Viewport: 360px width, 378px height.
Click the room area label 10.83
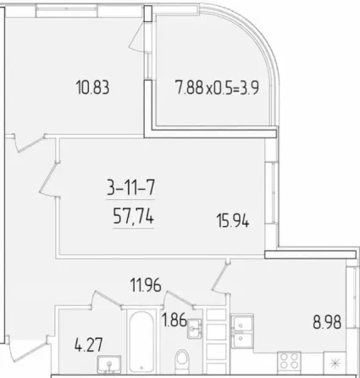pyautogui.click(x=92, y=87)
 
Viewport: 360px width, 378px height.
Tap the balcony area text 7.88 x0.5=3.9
pyautogui.click(x=217, y=87)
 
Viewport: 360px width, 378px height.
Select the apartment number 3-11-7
pyautogui.click(x=130, y=188)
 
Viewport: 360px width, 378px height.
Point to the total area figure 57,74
pyautogui.click(x=133, y=217)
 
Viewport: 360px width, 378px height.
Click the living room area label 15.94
pyautogui.click(x=233, y=220)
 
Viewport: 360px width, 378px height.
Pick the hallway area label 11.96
pyautogui.click(x=146, y=285)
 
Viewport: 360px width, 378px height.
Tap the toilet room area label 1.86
pyautogui.click(x=174, y=320)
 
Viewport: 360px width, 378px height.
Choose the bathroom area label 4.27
pyautogui.click(x=88, y=345)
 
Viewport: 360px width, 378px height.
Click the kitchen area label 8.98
pyautogui.click(x=327, y=322)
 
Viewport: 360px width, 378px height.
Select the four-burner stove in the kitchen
pyautogui.click(x=289, y=360)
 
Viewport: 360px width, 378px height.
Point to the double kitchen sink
pyautogui.click(x=242, y=332)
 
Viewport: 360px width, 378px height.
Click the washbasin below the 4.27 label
pyautogui.click(x=109, y=364)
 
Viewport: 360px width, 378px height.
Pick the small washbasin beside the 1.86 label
pyautogui.click(x=194, y=329)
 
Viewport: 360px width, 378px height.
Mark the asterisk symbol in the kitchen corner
pyautogui.click(x=335, y=363)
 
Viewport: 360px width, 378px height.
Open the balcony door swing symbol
pyautogui.click(x=139, y=36)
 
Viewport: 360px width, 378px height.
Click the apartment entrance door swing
pyautogui.click(x=27, y=348)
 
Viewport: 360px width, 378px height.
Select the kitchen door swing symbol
pyautogui.click(x=221, y=278)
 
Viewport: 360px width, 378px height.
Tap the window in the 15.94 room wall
pyautogui.click(x=273, y=192)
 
